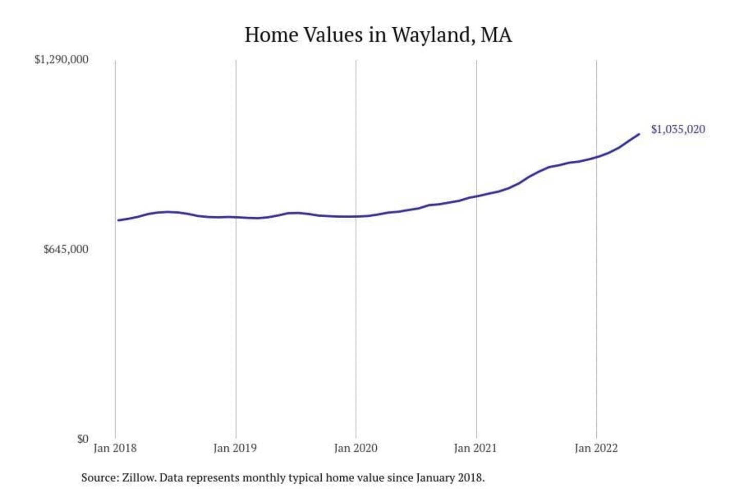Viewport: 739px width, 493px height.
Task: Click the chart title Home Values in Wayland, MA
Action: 378,35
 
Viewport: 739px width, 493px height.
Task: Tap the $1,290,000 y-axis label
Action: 61,60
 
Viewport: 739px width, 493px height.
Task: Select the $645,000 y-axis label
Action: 66,250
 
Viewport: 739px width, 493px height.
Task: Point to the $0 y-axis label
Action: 83,439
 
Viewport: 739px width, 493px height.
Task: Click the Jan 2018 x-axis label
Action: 115,448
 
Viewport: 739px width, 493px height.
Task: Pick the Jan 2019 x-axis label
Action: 235,448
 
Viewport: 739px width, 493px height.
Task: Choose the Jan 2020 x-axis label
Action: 356,448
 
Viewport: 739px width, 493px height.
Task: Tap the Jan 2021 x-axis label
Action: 476,448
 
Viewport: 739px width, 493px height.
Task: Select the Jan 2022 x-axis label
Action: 596,448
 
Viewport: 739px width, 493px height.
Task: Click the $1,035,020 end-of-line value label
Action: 678,129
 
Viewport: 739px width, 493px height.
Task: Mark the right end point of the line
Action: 639,134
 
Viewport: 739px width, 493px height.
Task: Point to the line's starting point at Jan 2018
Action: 118,220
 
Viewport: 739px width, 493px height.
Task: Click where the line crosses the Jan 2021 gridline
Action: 476,196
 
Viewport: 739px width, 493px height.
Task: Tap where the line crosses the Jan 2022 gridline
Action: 596,157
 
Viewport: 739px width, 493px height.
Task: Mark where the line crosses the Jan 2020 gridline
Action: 356,216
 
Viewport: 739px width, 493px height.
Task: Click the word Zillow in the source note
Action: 139,478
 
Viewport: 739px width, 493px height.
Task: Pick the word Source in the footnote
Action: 99,478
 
